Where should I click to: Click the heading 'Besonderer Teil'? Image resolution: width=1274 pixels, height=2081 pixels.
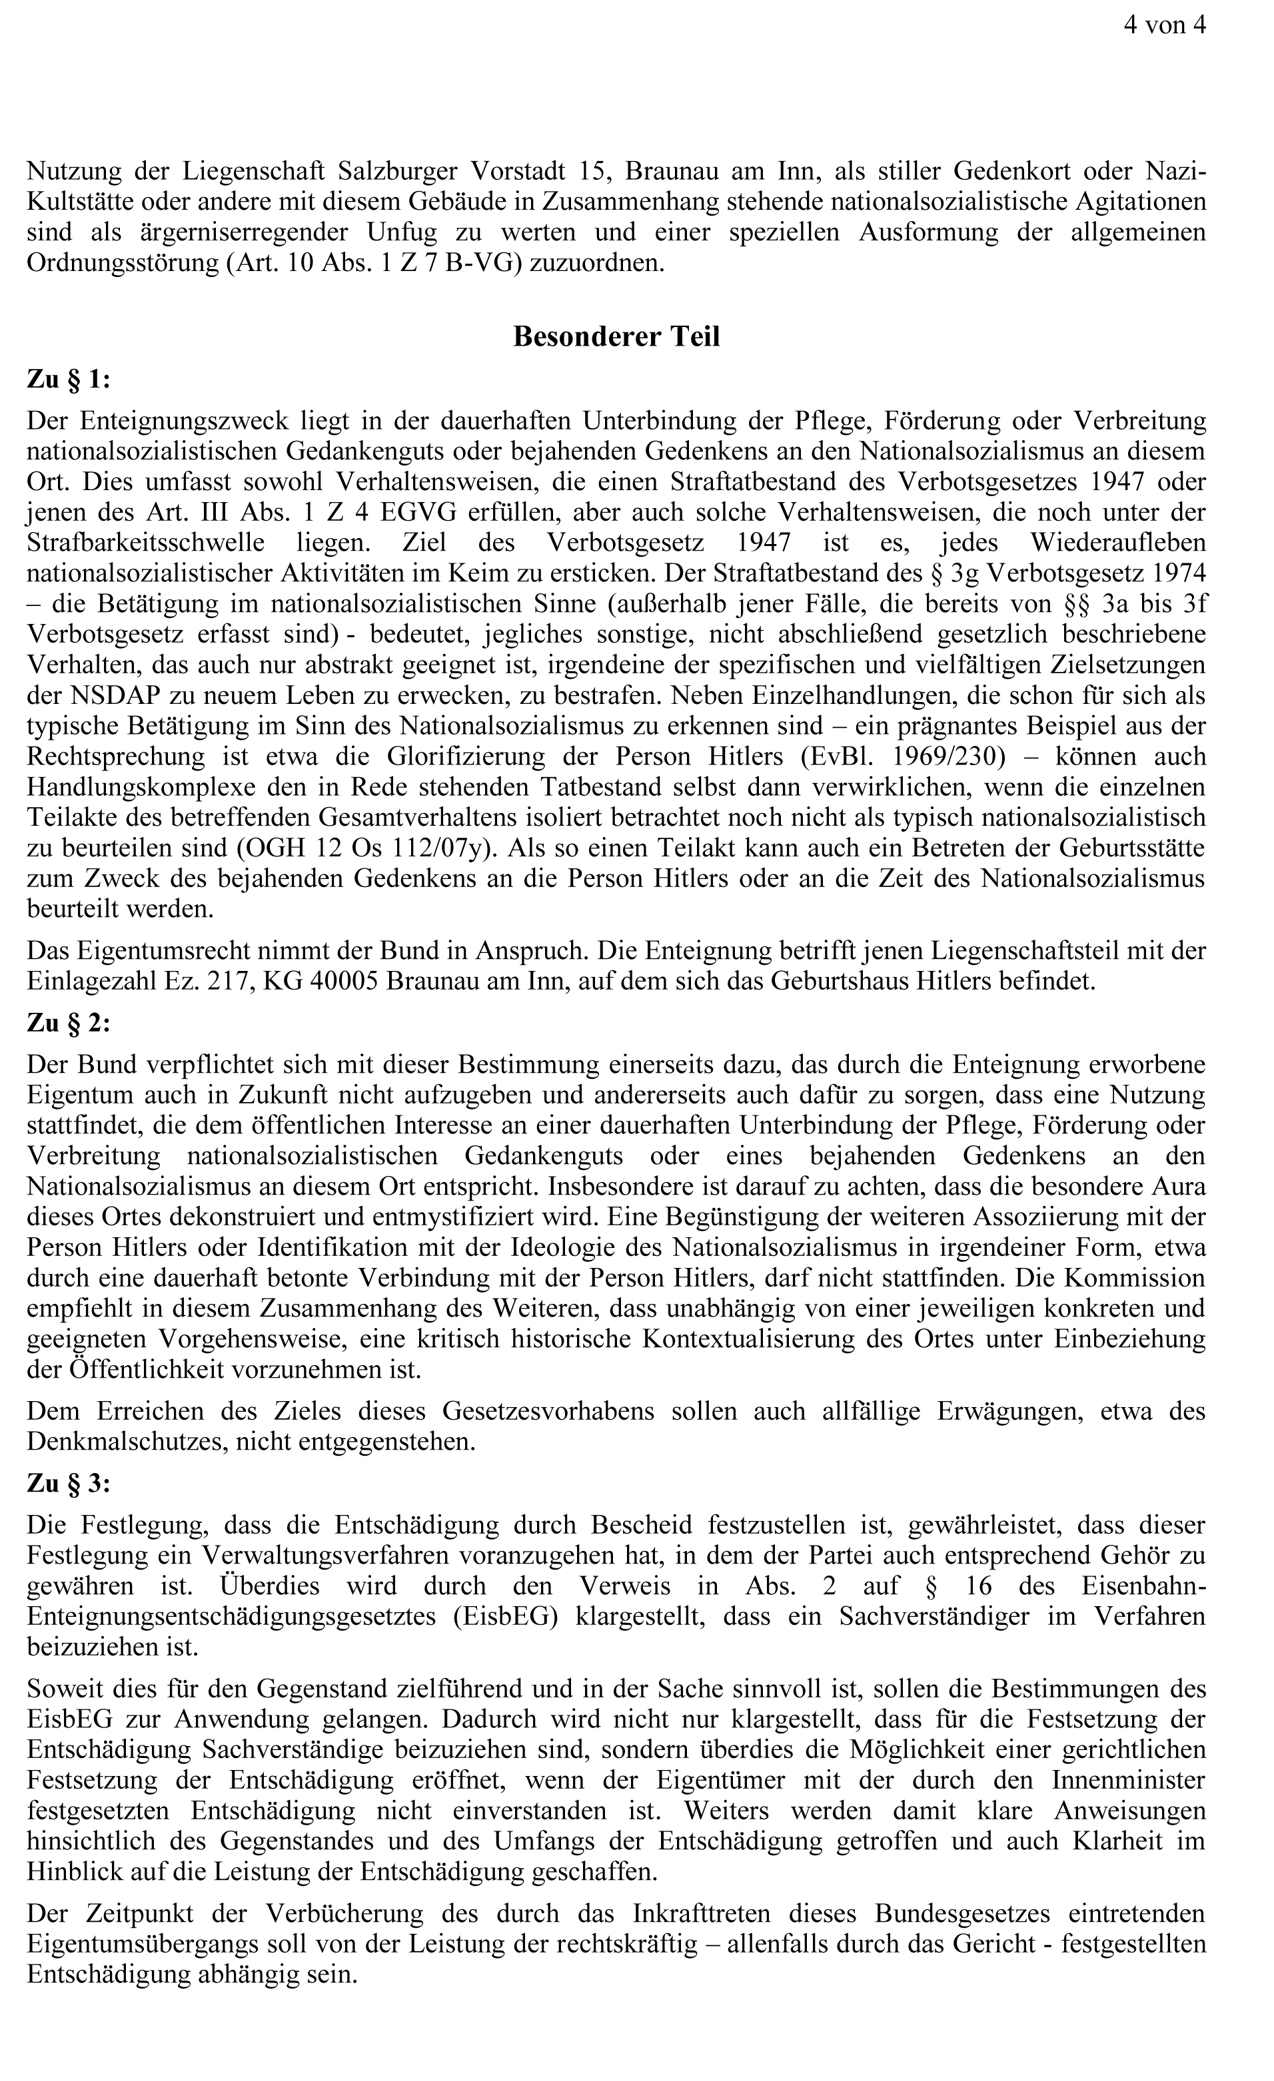point(616,336)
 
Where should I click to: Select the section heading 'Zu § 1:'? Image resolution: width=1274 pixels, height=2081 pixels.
point(69,379)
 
